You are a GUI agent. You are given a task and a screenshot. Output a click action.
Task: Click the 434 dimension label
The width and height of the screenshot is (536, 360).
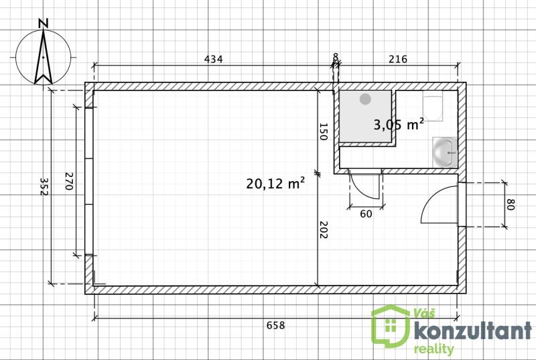pos(213,59)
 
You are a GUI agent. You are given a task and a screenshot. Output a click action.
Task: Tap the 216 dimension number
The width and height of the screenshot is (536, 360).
pos(398,59)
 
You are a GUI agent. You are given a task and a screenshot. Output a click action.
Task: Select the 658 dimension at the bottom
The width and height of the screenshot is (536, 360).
pos(275,325)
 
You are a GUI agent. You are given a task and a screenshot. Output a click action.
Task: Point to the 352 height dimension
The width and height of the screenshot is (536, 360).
pos(44,186)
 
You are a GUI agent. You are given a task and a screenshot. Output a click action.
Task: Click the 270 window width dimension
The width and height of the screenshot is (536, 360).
pos(69,181)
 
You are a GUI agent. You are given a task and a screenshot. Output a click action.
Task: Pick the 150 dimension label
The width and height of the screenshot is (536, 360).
pos(323,131)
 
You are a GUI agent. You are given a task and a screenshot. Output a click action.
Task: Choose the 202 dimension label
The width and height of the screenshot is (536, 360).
pos(323,230)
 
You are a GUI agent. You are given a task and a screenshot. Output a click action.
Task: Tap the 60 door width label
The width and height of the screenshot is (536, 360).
pos(366,214)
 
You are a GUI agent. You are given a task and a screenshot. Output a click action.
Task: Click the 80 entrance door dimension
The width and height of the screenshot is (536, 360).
pos(511,204)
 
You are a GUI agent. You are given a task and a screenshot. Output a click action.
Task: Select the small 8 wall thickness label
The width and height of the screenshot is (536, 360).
pos(336,56)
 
